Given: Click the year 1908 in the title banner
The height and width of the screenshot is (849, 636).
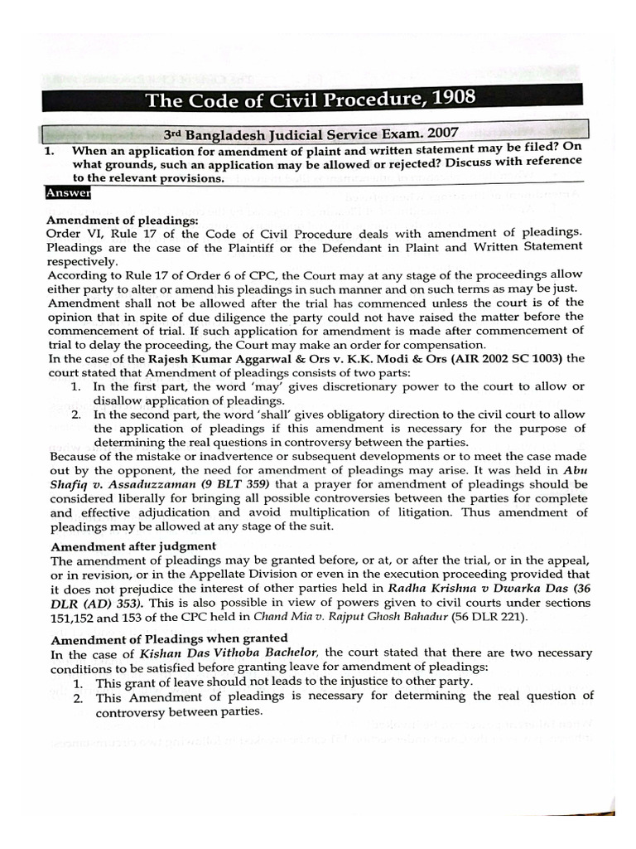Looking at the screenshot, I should tap(448, 99).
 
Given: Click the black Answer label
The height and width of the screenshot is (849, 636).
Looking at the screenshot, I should tap(69, 194).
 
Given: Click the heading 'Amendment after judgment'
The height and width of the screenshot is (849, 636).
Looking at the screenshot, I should tap(133, 546).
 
